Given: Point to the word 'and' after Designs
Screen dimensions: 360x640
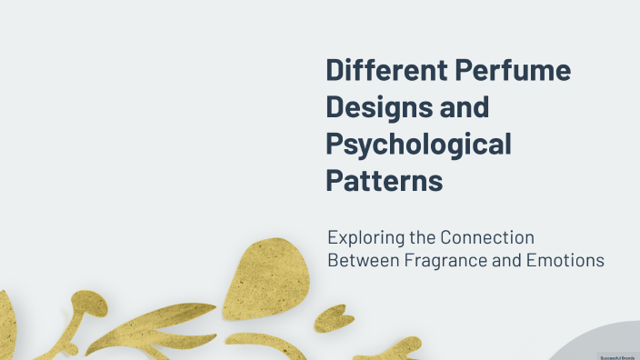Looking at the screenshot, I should pos(465,108).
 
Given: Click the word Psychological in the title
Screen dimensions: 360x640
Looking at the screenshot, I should pos(418,145).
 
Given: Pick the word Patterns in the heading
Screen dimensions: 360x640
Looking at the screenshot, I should pos(384,180).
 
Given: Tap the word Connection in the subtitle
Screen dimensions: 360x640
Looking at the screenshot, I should pos(487,238).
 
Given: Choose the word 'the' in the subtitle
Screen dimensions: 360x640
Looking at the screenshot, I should pos(419,238).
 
